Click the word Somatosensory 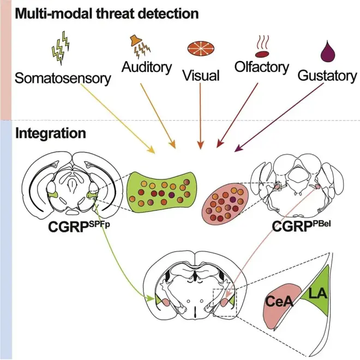63,78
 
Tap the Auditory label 147,67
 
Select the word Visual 201,75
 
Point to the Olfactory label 262,67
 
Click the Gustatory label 327,75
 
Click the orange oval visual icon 201,49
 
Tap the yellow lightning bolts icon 61,48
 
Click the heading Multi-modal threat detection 106,14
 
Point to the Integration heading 51,133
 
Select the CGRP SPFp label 79,226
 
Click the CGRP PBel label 302,226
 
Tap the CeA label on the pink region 279,301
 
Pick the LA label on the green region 317,293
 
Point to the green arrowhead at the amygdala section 151,298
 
